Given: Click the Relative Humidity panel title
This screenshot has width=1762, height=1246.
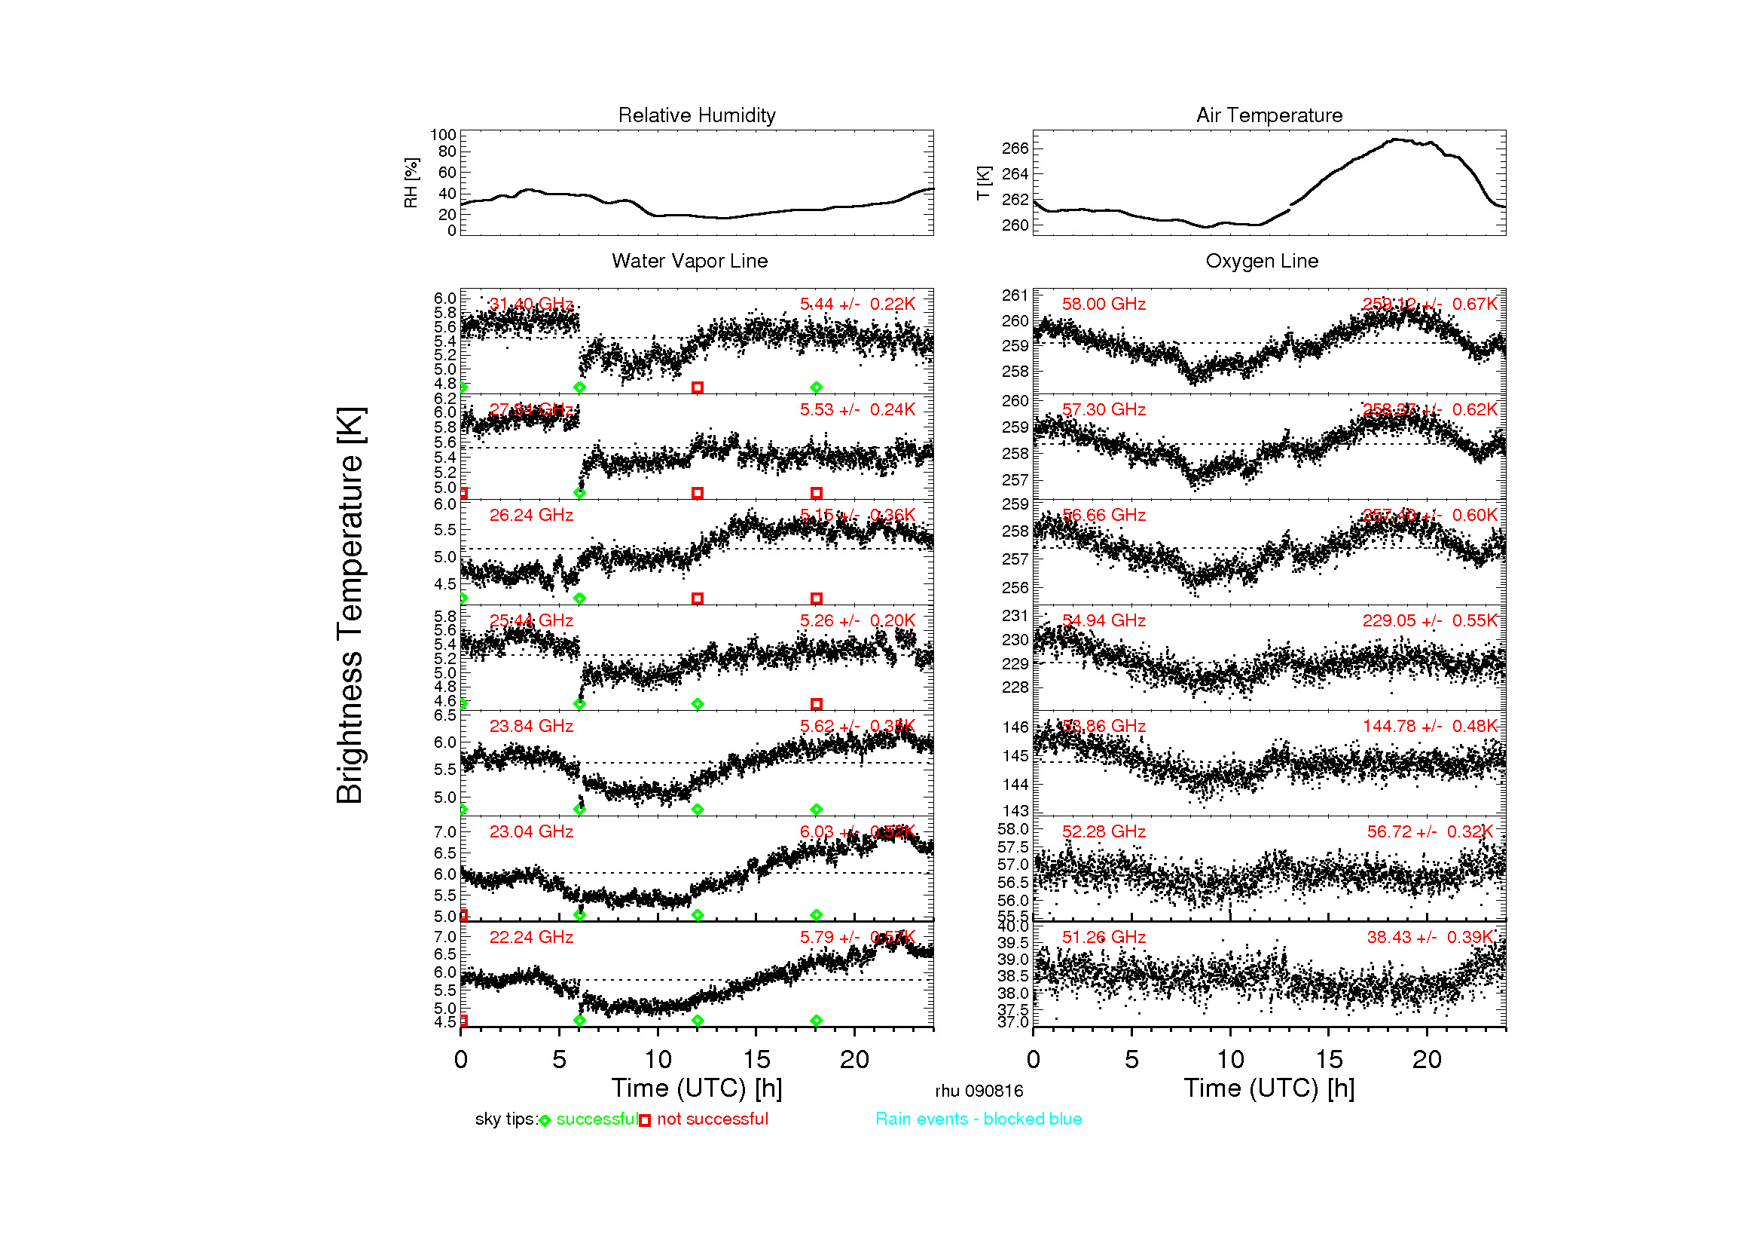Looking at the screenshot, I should pos(696,115).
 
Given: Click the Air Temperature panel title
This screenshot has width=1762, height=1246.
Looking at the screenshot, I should pos(1269,115).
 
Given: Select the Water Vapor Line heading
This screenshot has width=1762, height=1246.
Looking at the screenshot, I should pos(689,261).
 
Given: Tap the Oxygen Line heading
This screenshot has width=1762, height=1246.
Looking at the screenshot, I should pos(1261,261).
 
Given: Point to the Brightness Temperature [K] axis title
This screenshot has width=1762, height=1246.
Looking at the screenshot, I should pos(350,605).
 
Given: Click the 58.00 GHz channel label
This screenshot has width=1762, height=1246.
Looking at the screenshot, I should pos(1103,304).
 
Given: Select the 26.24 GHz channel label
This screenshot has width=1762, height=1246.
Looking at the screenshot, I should pos(531,515).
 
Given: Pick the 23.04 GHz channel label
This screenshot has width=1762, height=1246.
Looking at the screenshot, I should pos(531,831).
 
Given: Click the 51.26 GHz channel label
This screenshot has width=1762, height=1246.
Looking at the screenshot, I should pos(1103,937).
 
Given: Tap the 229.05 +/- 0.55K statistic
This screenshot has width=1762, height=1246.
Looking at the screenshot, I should pos(1429,620).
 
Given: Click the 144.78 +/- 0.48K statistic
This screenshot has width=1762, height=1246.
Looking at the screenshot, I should pos(1429,725).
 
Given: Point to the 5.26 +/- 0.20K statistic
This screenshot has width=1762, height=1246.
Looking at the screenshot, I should pos(857,620).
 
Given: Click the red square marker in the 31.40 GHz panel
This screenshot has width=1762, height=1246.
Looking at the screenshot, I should pos(697,387).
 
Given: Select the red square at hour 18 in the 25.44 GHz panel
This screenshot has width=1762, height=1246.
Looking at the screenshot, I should pos(816,704).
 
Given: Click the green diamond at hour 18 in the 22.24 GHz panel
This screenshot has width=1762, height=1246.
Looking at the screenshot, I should pos(816,1021).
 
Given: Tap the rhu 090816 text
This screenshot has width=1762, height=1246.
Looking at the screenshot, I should pos(979,1091).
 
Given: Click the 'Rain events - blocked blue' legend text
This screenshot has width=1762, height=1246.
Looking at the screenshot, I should pos(978,1119).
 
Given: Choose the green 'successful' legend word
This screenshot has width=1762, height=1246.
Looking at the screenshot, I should pos(597,1119).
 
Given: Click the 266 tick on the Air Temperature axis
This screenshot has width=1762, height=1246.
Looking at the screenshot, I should pos(1015,148).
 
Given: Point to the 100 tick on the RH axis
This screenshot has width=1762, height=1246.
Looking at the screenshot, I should pos(443,135).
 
